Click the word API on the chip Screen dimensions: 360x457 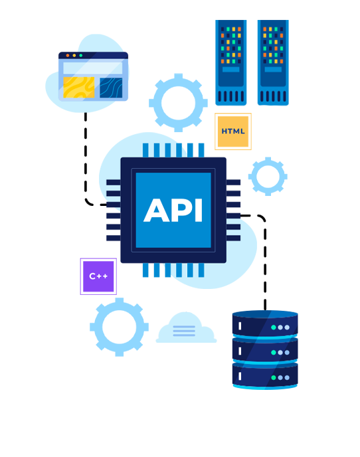[173, 210]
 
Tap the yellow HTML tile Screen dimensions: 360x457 [233, 132]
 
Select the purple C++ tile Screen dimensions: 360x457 [98, 276]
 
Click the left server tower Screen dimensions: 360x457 [231, 62]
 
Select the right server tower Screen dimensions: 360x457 [273, 62]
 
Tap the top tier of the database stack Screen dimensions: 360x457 [265, 324]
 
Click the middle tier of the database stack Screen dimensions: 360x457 [265, 350]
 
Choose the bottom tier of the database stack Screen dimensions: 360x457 [265, 375]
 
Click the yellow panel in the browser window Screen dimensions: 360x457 [78, 87]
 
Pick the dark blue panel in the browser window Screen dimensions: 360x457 [111, 88]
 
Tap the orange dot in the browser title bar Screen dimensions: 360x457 [68, 55]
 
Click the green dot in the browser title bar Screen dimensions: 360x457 [81, 55]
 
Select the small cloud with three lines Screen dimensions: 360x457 [186, 328]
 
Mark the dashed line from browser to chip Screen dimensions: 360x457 [86, 163]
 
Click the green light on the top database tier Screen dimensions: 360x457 [274, 327]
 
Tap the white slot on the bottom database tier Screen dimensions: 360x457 [240, 376]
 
